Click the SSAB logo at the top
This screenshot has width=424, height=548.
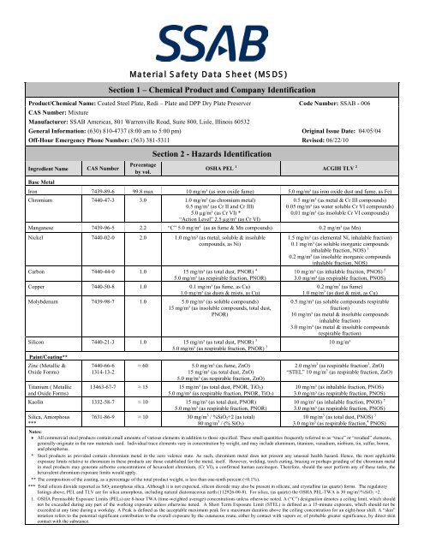pos(211,25)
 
